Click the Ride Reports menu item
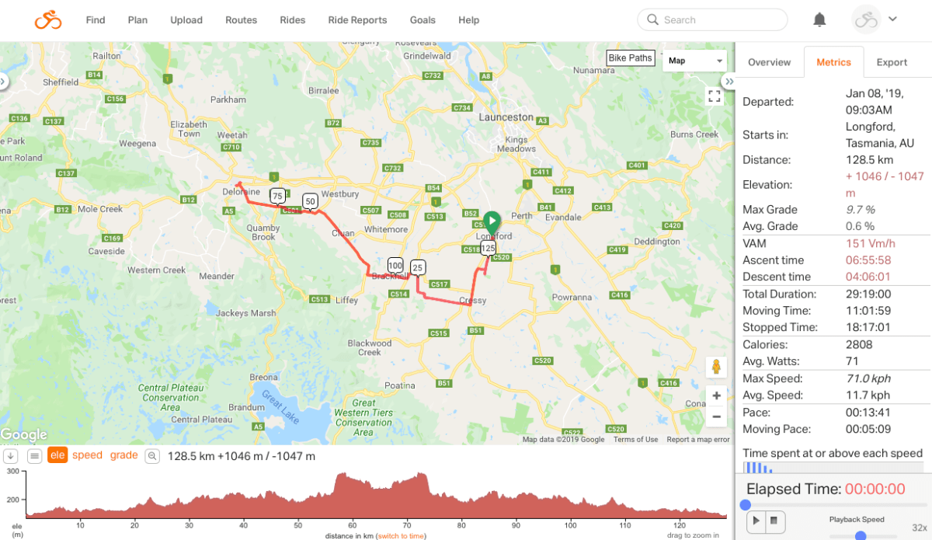[x=357, y=20]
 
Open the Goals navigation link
[x=423, y=20]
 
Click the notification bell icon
[x=819, y=20]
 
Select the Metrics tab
[x=833, y=62]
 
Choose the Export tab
[x=892, y=62]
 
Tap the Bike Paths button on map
[x=630, y=58]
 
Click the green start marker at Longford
[x=492, y=221]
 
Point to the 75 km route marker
[x=277, y=196]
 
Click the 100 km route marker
[x=395, y=265]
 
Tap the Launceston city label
[x=506, y=117]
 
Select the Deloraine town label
[x=240, y=191]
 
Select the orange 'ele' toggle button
[x=57, y=455]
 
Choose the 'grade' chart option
[x=123, y=455]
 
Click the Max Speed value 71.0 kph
[x=868, y=378]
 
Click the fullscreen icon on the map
[x=715, y=96]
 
